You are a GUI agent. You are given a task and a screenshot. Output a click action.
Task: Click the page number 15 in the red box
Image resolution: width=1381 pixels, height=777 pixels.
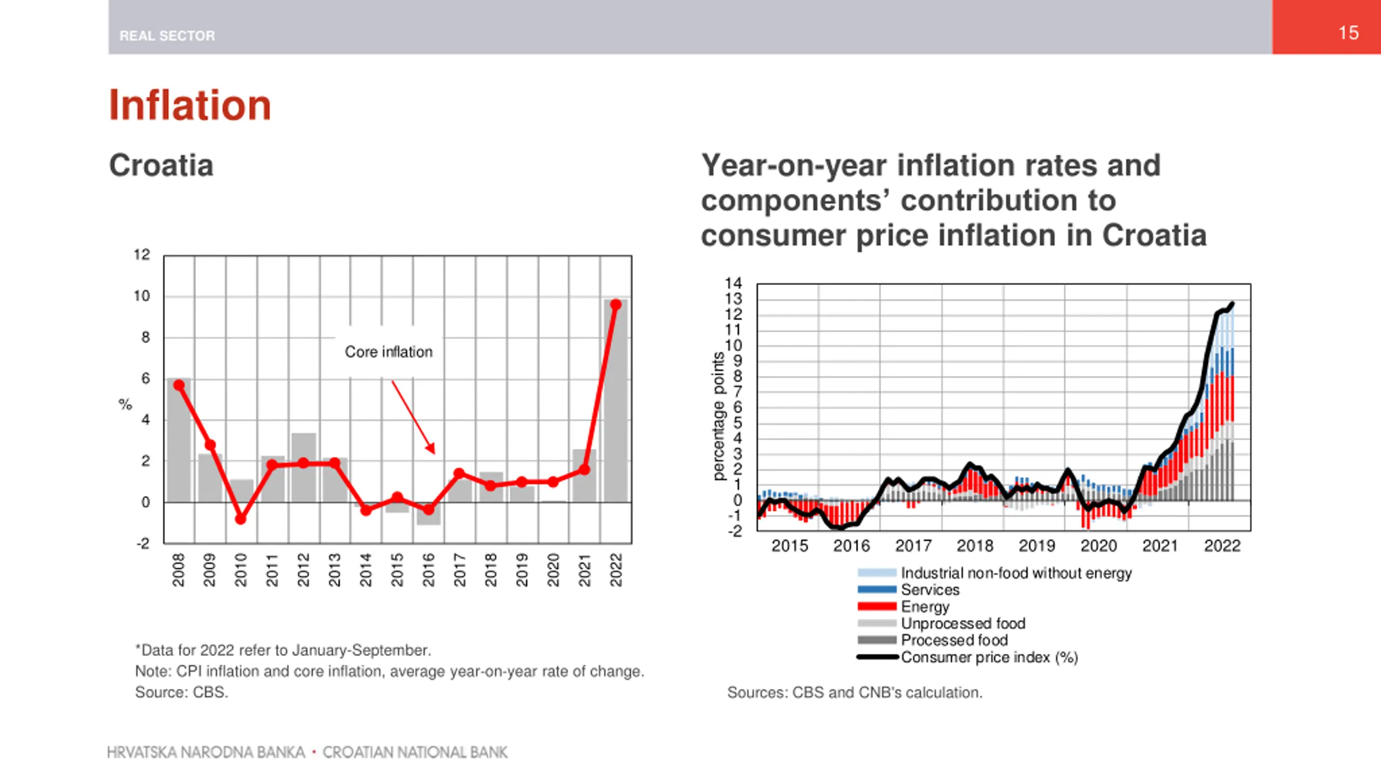1348,33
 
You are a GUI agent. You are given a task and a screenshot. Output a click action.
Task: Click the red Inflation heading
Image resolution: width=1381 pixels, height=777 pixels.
190,105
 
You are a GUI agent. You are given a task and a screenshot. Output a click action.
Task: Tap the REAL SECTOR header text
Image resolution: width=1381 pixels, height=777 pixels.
167,36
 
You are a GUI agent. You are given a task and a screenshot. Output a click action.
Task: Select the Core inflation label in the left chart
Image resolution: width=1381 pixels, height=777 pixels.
388,352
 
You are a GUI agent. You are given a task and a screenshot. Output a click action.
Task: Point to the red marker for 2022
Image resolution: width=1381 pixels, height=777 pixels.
616,305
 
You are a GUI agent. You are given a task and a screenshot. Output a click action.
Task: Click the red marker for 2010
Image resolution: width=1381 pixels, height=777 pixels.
241,519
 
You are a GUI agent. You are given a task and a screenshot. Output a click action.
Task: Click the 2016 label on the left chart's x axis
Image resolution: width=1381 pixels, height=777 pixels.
428,569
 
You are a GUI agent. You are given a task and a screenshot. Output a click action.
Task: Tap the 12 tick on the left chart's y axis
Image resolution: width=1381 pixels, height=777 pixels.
142,255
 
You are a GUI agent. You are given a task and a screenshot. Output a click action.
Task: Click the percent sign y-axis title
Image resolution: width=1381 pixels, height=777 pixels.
125,404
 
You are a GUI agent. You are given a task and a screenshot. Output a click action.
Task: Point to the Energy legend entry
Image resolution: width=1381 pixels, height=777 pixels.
925,606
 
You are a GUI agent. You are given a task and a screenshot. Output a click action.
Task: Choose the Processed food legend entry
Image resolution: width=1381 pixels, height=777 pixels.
954,640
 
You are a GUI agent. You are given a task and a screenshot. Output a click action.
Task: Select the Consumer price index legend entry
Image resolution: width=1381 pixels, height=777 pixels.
989,657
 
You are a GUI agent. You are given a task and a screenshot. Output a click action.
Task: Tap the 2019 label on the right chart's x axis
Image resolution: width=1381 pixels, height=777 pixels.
1036,546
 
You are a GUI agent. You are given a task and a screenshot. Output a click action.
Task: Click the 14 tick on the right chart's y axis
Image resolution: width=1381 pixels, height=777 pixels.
734,283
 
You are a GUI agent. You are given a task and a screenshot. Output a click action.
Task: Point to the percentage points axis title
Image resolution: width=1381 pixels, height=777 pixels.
719,415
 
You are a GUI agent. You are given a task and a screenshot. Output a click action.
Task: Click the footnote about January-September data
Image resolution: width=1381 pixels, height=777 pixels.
283,650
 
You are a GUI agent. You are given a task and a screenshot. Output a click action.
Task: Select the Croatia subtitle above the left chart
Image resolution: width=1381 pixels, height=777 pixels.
161,165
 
